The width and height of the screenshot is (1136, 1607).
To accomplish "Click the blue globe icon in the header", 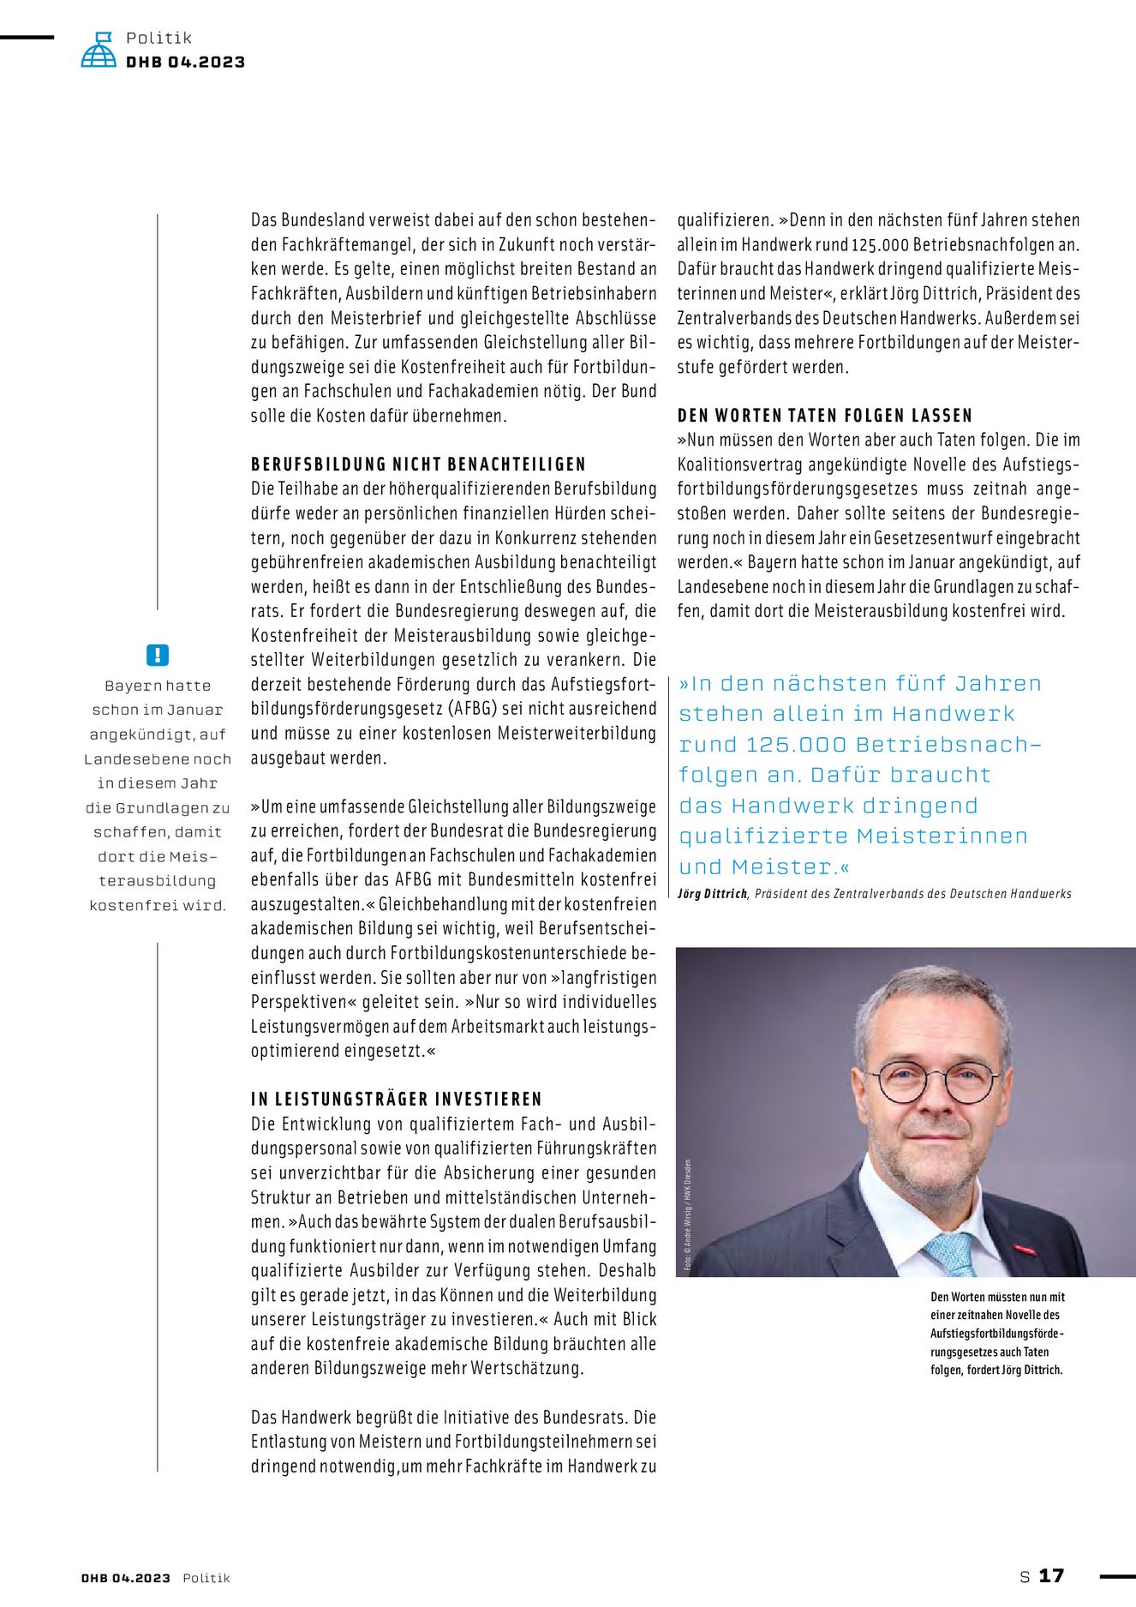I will (x=99, y=51).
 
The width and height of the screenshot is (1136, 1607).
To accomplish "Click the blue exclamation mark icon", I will (x=158, y=655).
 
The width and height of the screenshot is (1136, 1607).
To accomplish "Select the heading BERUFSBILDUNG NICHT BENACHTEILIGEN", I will (x=418, y=465).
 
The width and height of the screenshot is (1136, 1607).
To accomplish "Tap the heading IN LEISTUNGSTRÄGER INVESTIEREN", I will (x=397, y=1100).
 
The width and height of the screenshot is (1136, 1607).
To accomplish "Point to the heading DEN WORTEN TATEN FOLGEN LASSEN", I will (x=825, y=416).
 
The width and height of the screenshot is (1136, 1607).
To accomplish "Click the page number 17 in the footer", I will (x=1051, y=1575).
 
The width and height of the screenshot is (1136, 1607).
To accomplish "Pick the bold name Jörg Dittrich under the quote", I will (x=712, y=894).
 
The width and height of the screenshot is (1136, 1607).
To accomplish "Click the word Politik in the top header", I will (x=158, y=38).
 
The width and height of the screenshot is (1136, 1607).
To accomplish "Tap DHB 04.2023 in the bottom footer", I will (x=126, y=1578).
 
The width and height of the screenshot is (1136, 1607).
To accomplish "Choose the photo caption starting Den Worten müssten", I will (x=997, y=1333).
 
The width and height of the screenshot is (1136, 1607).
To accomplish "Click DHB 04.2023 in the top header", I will (x=185, y=62).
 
